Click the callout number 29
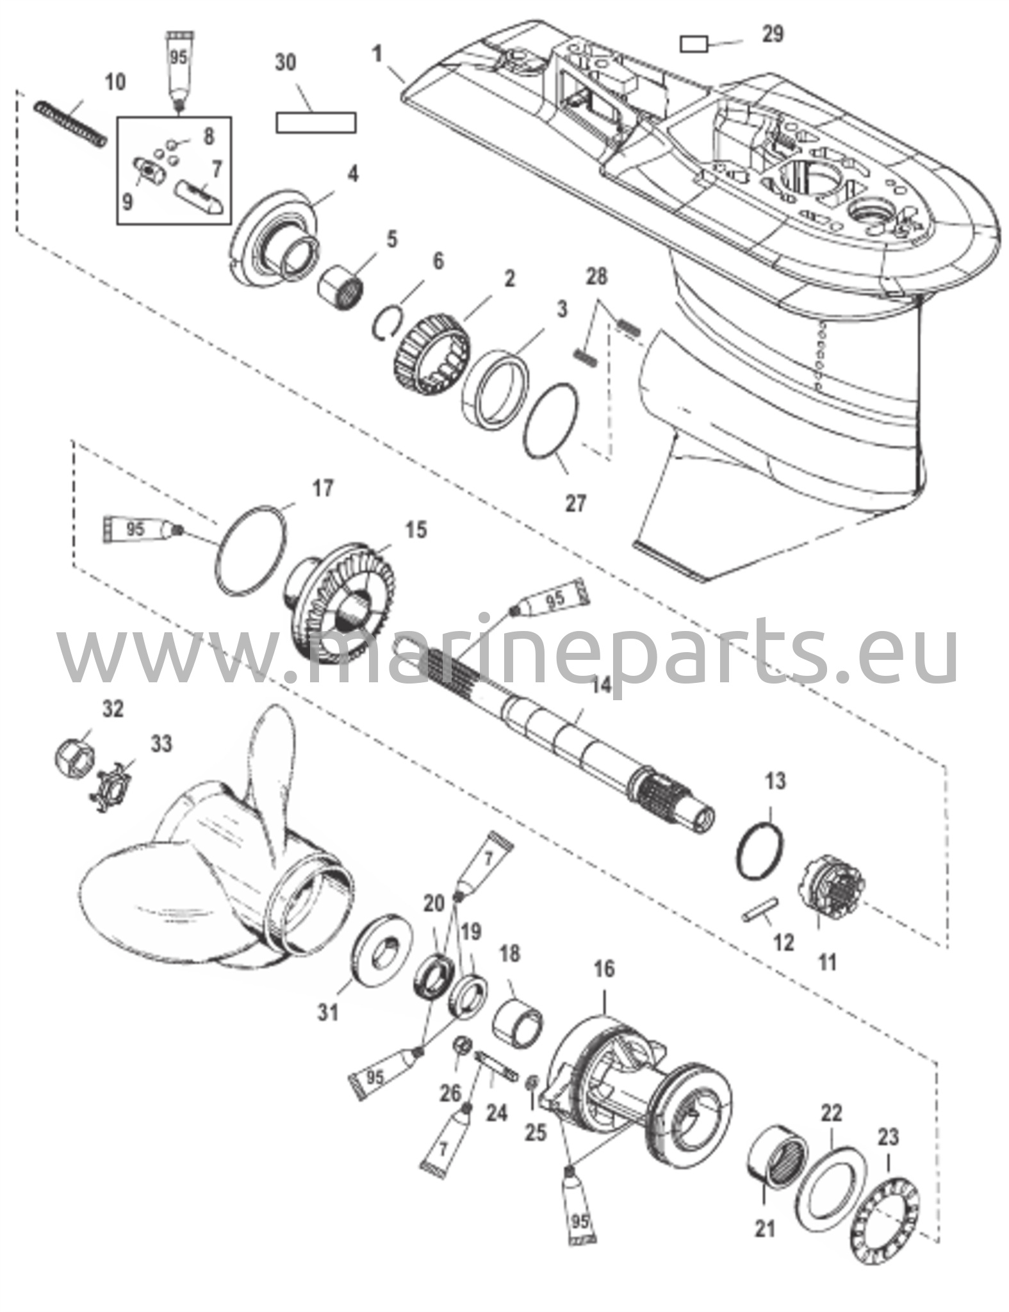click(x=773, y=33)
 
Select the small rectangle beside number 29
click(x=693, y=44)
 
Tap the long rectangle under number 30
click(x=316, y=122)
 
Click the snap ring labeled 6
click(x=389, y=319)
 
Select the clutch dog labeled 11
click(x=832, y=887)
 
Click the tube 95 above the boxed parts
click(x=178, y=67)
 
